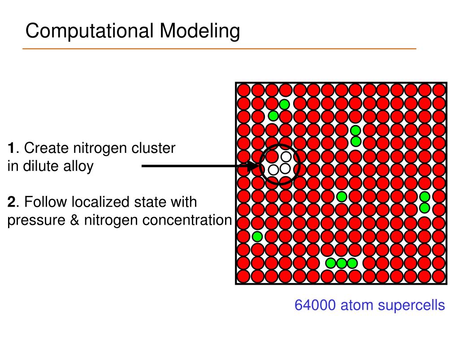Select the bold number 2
pyautogui.click(x=12, y=202)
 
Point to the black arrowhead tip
pyautogui.click(x=259, y=166)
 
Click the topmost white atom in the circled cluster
pyautogui.click(x=286, y=156)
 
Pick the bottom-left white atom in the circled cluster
pyautogui.click(x=273, y=169)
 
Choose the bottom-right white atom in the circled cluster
pyautogui.click(x=285, y=169)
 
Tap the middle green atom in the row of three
pyautogui.click(x=342, y=263)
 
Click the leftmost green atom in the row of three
pyautogui.click(x=330, y=263)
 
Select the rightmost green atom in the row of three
pyautogui.click(x=352, y=263)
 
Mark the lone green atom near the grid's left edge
pyautogui.click(x=257, y=236)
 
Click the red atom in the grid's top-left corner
pyautogui.click(x=243, y=90)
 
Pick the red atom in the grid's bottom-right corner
pyautogui.click(x=439, y=276)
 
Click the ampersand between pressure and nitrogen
pyautogui.click(x=70, y=220)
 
